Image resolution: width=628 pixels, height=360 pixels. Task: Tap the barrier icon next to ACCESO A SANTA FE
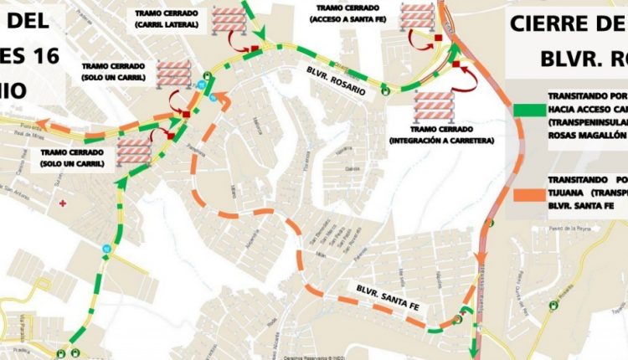click(x=416, y=18)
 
